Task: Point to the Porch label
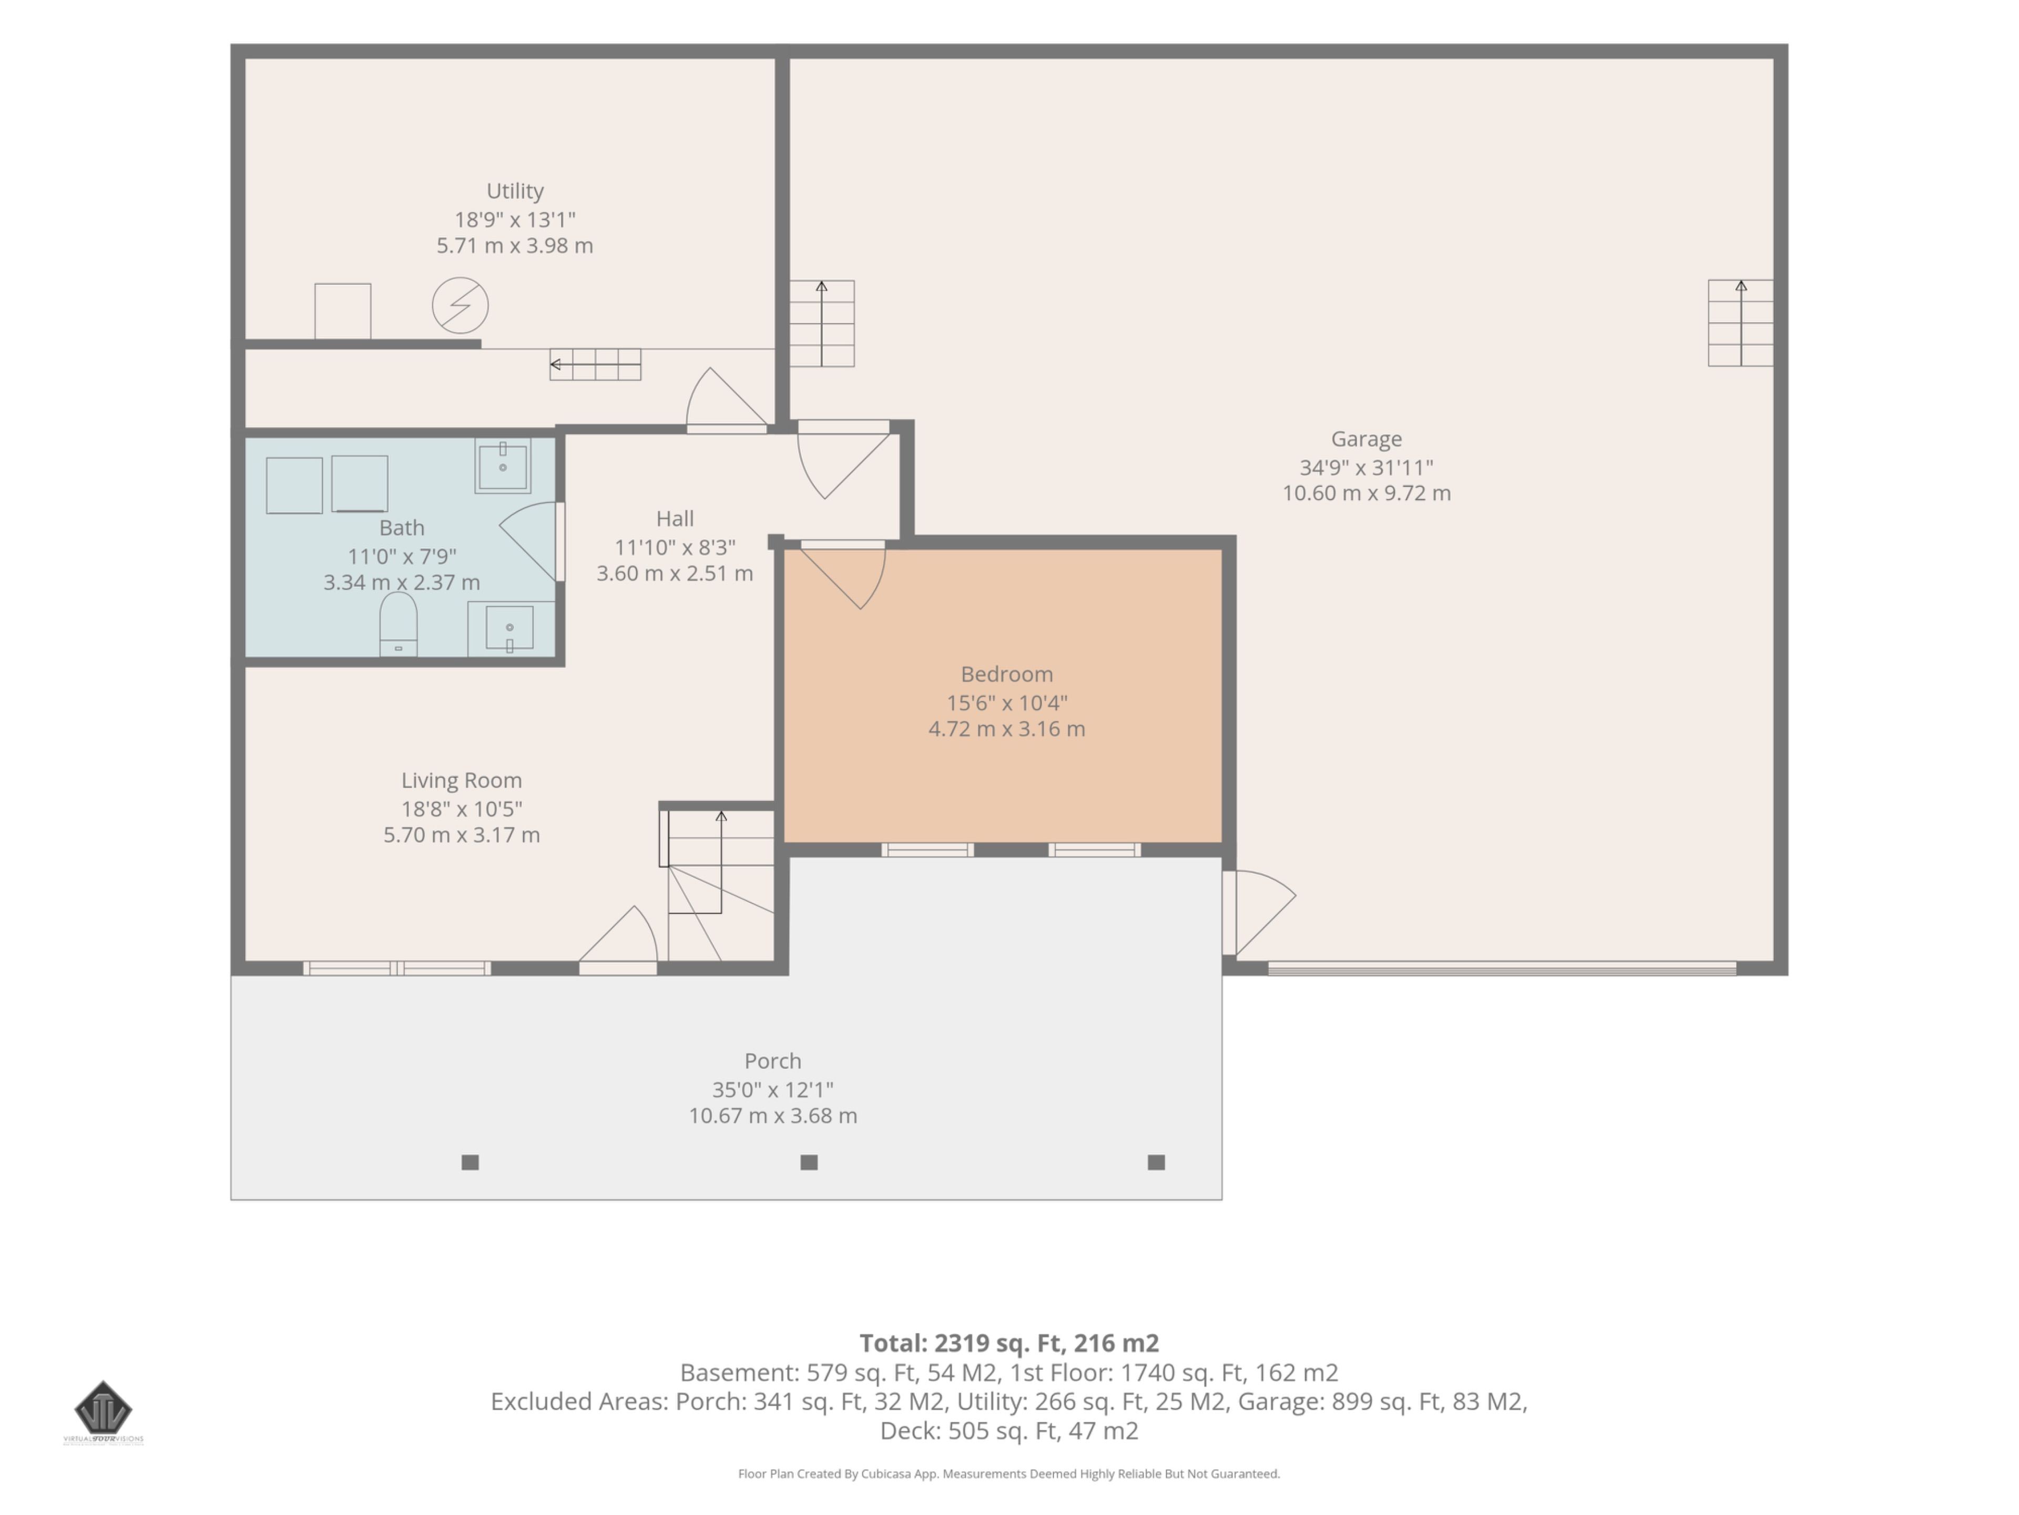(x=772, y=1061)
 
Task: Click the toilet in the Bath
(x=398, y=624)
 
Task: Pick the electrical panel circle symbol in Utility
(x=460, y=305)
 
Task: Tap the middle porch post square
(x=809, y=1163)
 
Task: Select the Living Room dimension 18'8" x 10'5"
(x=462, y=809)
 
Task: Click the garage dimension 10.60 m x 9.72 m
(x=1367, y=493)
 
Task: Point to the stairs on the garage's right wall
(x=1741, y=324)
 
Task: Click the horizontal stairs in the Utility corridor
(x=595, y=365)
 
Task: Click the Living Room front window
(x=397, y=968)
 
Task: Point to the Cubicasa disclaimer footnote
(x=1008, y=1474)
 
